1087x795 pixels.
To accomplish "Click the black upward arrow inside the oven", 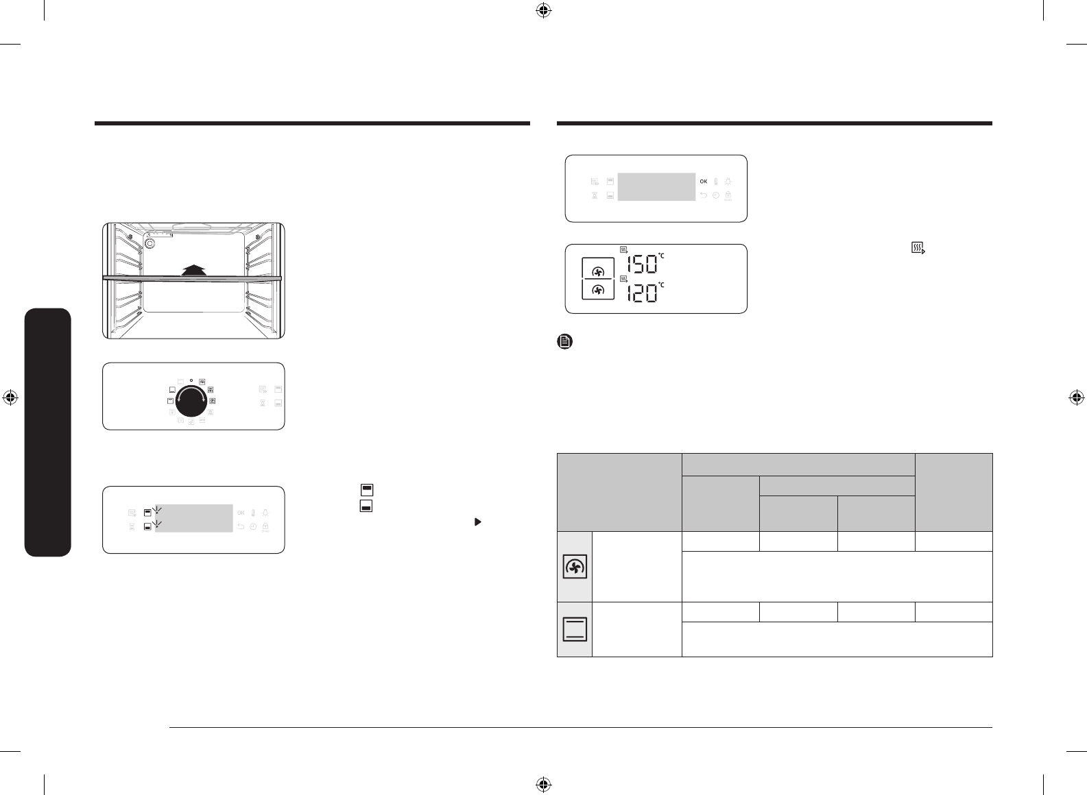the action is pyautogui.click(x=193, y=270).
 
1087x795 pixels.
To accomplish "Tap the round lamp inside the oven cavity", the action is pyautogui.click(x=150, y=243).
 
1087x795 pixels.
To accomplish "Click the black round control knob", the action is pyautogui.click(x=191, y=401).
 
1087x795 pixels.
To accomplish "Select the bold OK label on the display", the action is pyautogui.click(x=703, y=182).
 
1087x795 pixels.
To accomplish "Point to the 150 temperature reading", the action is pyautogui.click(x=642, y=265).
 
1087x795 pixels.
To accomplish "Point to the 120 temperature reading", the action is pyautogui.click(x=642, y=293).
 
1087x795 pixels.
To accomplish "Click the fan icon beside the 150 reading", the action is pyautogui.click(x=598, y=271).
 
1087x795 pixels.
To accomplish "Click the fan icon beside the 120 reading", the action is pyautogui.click(x=598, y=290).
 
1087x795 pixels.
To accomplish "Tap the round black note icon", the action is pyautogui.click(x=565, y=341).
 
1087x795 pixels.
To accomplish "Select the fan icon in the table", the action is pyautogui.click(x=575, y=567).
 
